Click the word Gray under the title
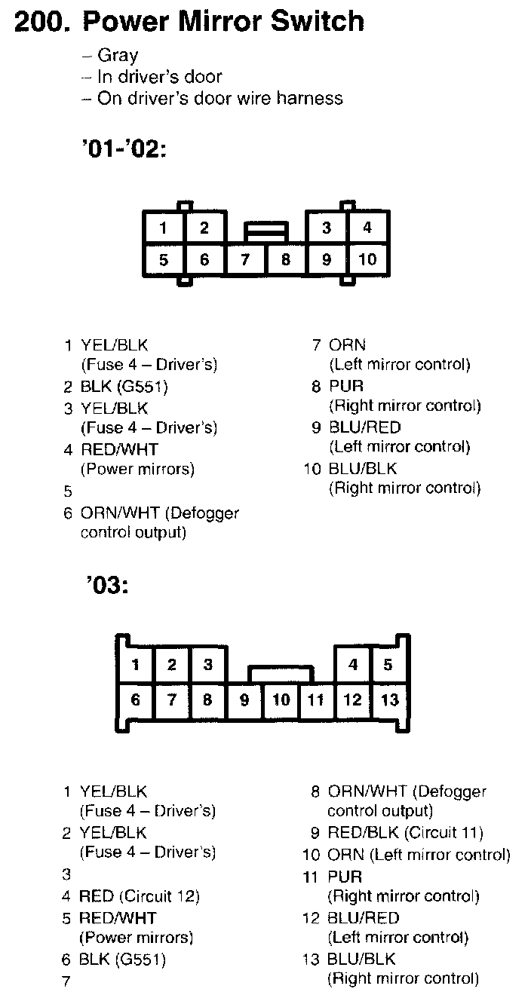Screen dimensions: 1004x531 coord(118,55)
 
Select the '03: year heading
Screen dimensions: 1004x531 coord(106,585)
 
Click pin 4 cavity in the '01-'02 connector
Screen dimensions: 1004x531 coord(367,227)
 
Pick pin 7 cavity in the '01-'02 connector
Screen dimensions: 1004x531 coord(245,260)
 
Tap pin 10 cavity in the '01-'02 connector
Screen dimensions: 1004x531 coord(367,260)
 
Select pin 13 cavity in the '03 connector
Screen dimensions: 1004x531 coord(389,700)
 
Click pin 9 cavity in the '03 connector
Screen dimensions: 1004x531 coord(244,700)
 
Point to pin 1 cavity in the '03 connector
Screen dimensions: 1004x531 coord(136,665)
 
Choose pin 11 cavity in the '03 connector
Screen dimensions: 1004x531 coord(316,700)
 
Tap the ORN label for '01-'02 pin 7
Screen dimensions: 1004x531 coord(347,345)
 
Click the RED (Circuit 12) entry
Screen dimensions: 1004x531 coord(139,896)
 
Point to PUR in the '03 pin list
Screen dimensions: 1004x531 coord(345,876)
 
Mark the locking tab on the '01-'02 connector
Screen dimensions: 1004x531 coord(265,229)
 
